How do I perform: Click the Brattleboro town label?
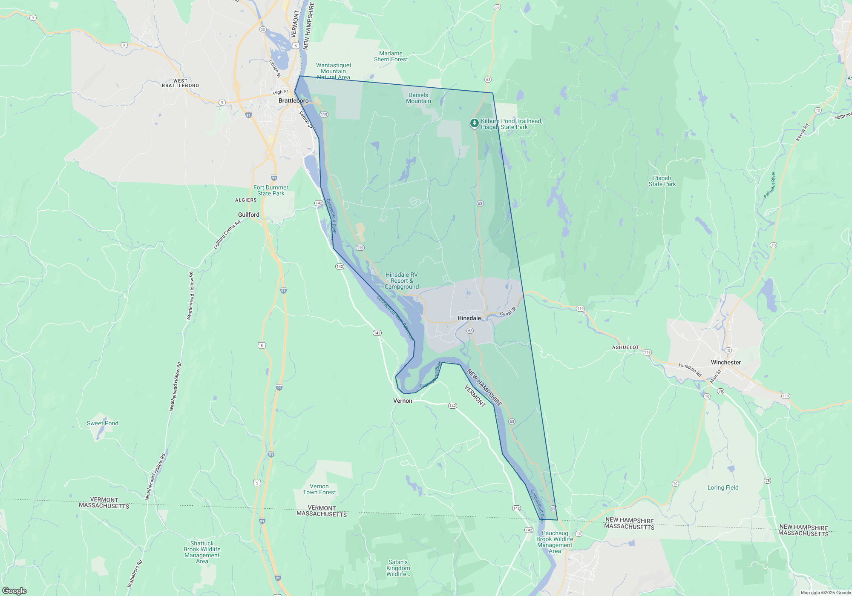[293, 101]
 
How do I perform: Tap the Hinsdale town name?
[469, 318]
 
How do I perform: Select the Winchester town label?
[725, 362]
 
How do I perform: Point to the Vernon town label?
[403, 401]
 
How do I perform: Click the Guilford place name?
[249, 215]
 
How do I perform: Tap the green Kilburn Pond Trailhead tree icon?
[474, 123]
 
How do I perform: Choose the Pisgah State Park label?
[662, 181]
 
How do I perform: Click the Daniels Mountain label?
[418, 98]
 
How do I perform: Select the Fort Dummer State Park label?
[271, 190]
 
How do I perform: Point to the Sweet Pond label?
[103, 423]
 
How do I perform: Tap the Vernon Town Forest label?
[319, 489]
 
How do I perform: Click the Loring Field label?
[723, 487]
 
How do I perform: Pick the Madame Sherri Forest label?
[391, 57]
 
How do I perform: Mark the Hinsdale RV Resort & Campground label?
[402, 281]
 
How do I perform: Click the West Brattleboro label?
[180, 83]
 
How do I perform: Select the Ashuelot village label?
[625, 347]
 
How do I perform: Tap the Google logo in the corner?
[14, 590]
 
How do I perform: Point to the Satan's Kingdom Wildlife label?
[398, 568]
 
